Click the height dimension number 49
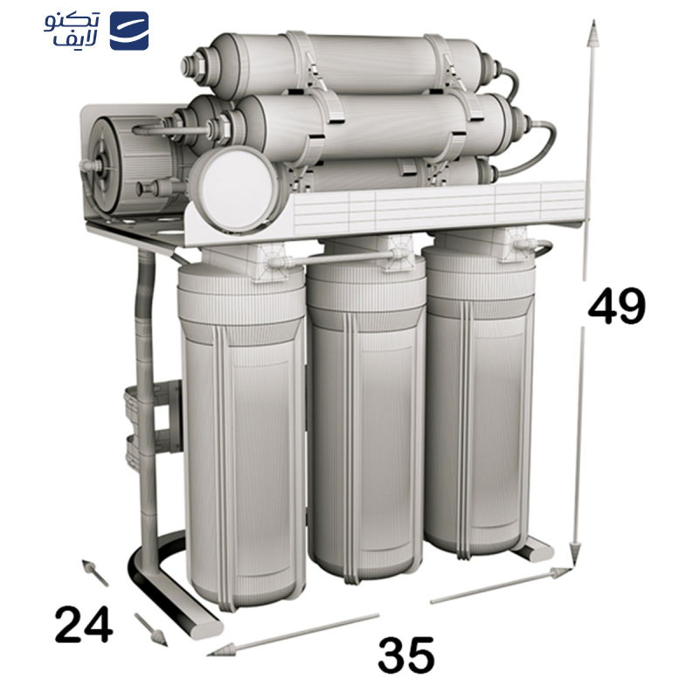tap(617, 307)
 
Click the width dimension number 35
tap(406, 654)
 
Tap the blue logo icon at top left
tap(128, 31)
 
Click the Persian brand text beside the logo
tap(73, 31)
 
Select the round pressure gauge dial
tap(233, 183)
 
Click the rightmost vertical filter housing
tap(479, 402)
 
